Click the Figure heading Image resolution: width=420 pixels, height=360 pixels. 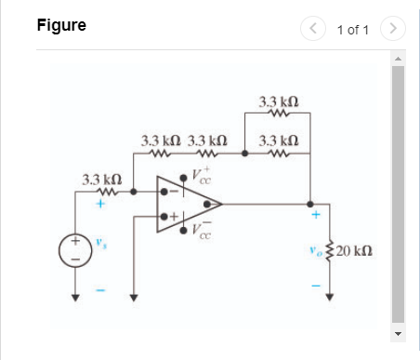point(61,25)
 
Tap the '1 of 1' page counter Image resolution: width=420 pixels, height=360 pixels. point(353,30)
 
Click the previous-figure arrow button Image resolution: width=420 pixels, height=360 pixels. point(314,30)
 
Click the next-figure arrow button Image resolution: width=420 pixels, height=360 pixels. point(394,30)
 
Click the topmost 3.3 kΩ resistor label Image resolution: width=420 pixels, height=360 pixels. point(278,100)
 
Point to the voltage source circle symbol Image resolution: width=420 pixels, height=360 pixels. point(74,249)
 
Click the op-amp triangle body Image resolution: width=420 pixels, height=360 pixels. point(184,203)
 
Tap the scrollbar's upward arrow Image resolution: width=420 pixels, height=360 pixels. point(399,58)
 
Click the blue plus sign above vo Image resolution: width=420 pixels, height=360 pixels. point(316,216)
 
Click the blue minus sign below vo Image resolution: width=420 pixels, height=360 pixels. point(316,286)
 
